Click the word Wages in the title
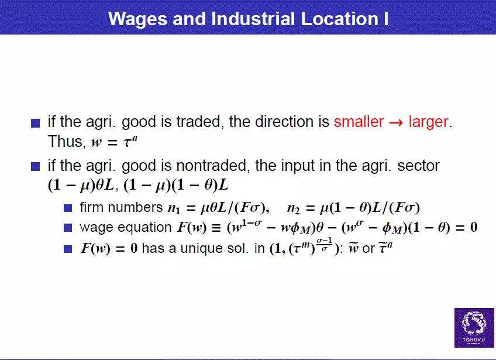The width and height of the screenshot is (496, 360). (137, 19)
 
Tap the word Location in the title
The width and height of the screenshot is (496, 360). (339, 18)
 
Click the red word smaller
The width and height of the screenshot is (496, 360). (359, 122)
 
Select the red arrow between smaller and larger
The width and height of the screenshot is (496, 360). (396, 122)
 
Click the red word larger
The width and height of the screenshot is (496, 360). (428, 122)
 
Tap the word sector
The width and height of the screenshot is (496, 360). (418, 166)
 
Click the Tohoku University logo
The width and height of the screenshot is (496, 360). (474, 328)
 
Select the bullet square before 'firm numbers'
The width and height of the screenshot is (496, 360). (68, 208)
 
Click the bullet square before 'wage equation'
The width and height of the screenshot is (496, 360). (68, 228)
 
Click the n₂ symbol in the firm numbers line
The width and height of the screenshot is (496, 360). (293, 208)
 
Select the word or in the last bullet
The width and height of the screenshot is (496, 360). (368, 249)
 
